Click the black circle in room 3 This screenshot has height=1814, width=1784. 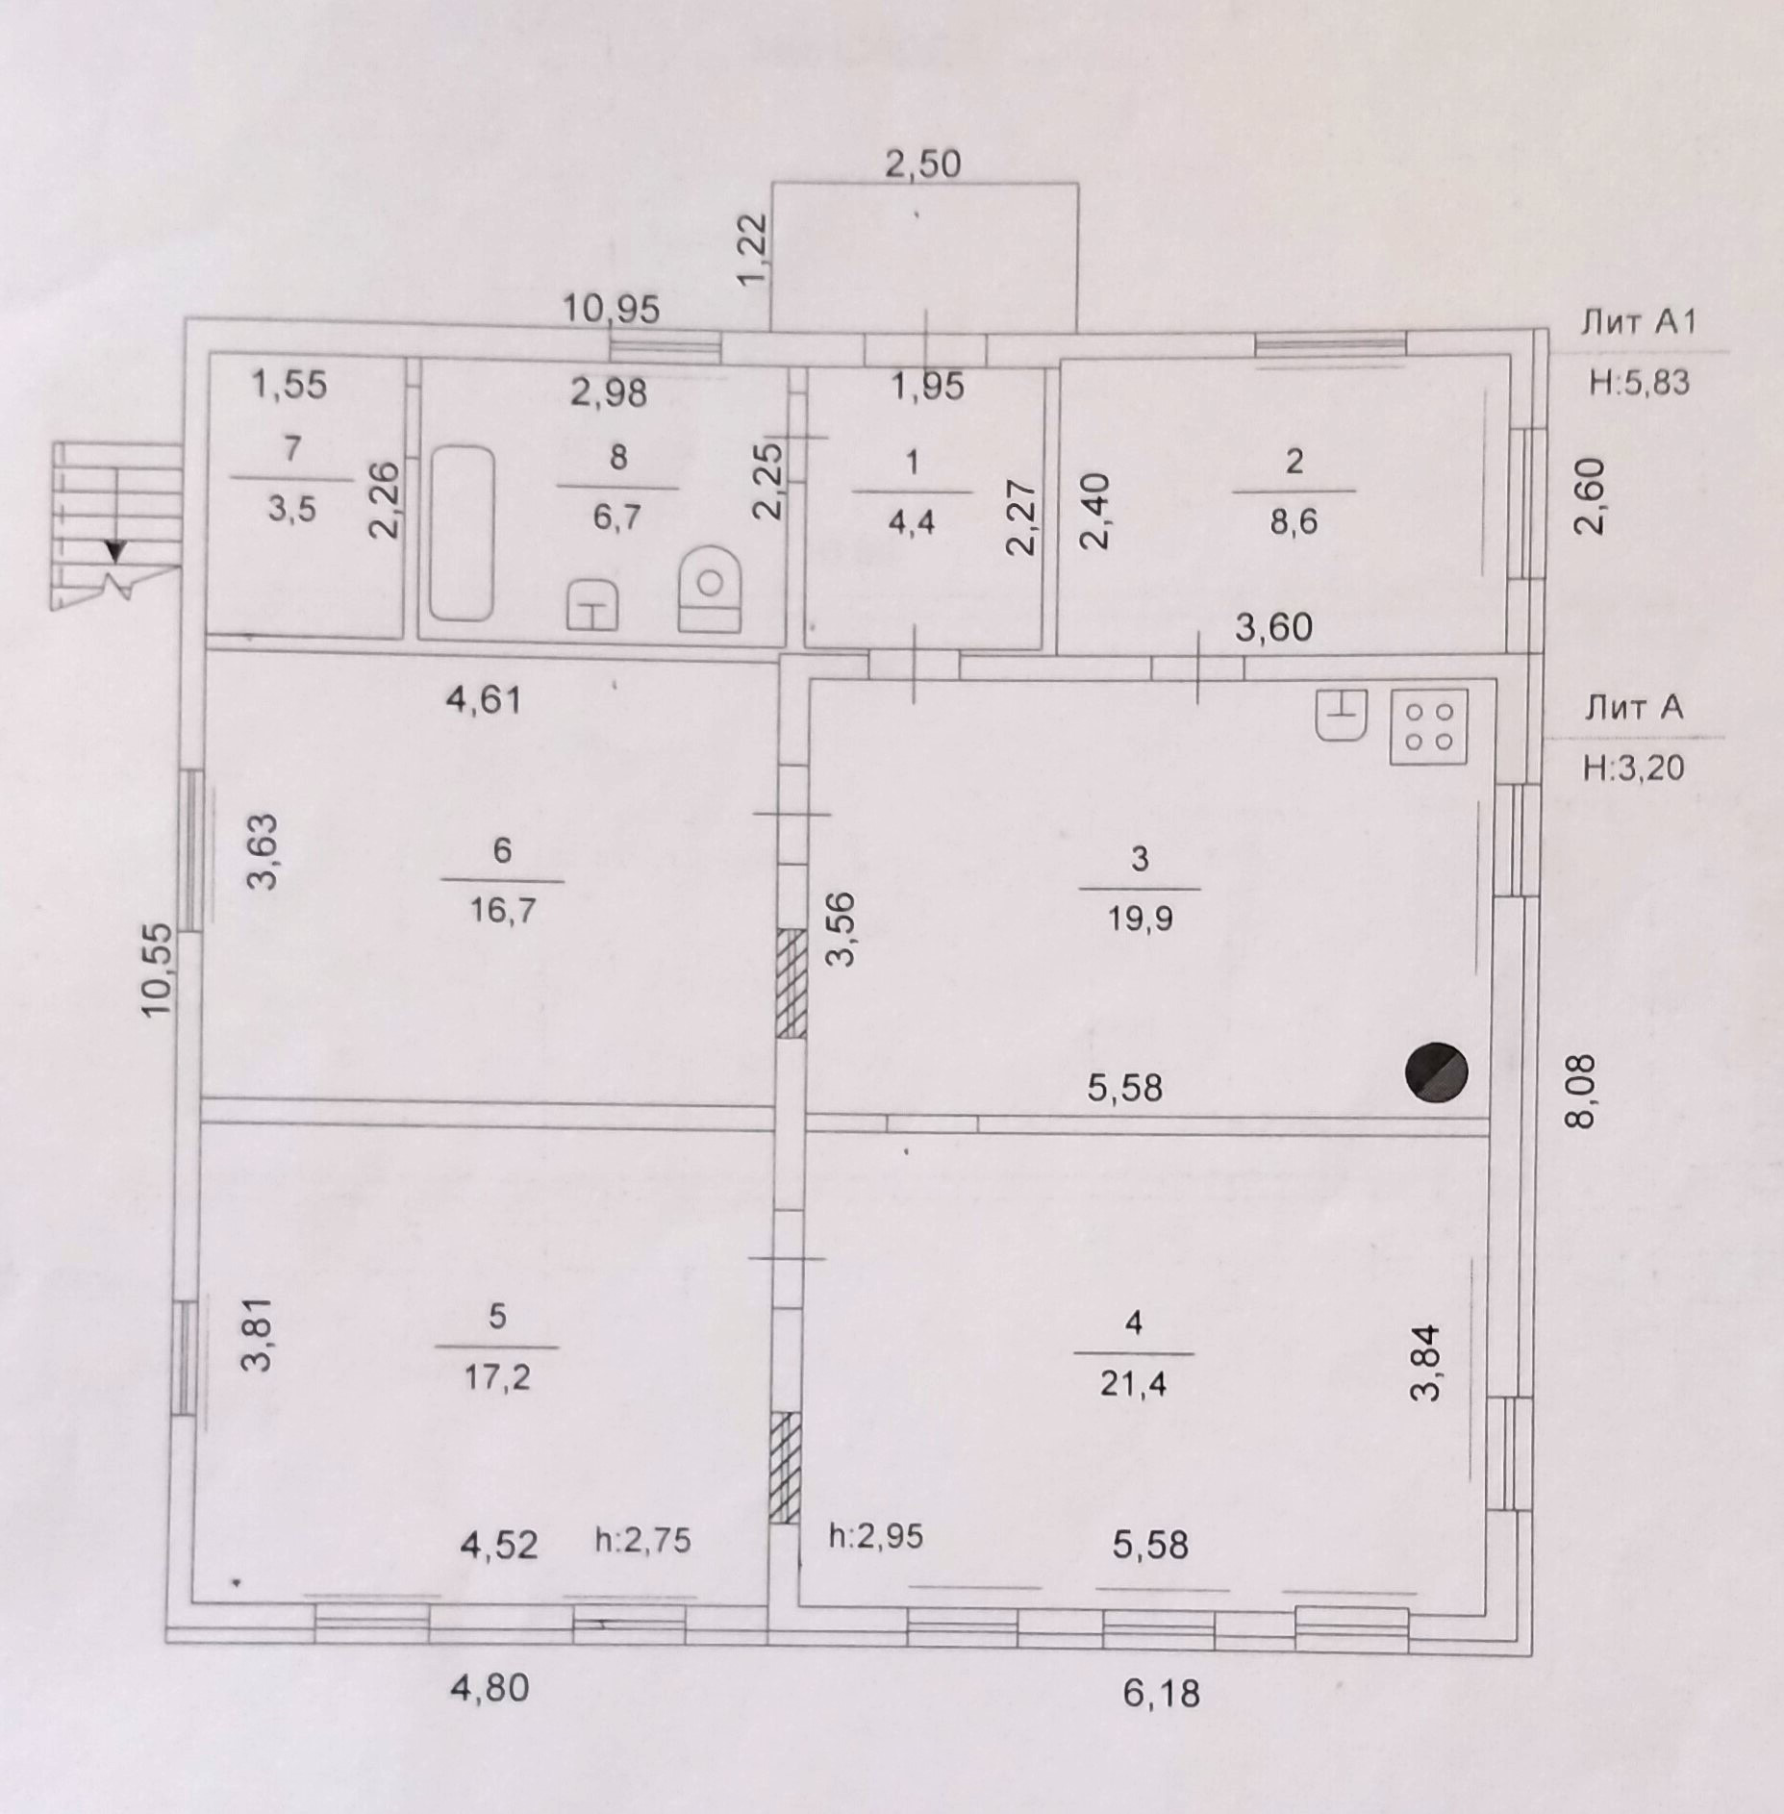(1437, 1071)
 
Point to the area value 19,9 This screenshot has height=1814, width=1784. (1140, 919)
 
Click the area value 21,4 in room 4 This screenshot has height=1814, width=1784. (1133, 1384)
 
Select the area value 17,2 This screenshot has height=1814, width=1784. (496, 1377)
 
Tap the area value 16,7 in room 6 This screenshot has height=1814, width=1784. (502, 910)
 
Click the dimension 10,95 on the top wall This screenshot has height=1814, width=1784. (611, 309)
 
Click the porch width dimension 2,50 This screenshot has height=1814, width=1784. (922, 164)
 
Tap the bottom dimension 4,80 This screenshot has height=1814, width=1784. (490, 1687)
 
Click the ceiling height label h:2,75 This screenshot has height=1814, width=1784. (642, 1540)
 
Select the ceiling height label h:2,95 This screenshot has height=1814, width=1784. (875, 1535)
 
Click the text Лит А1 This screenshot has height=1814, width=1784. (1638, 322)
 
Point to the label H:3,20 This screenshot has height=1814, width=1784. (1633, 767)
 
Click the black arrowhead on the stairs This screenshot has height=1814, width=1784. (116, 551)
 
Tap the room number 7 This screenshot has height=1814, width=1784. (292, 448)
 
